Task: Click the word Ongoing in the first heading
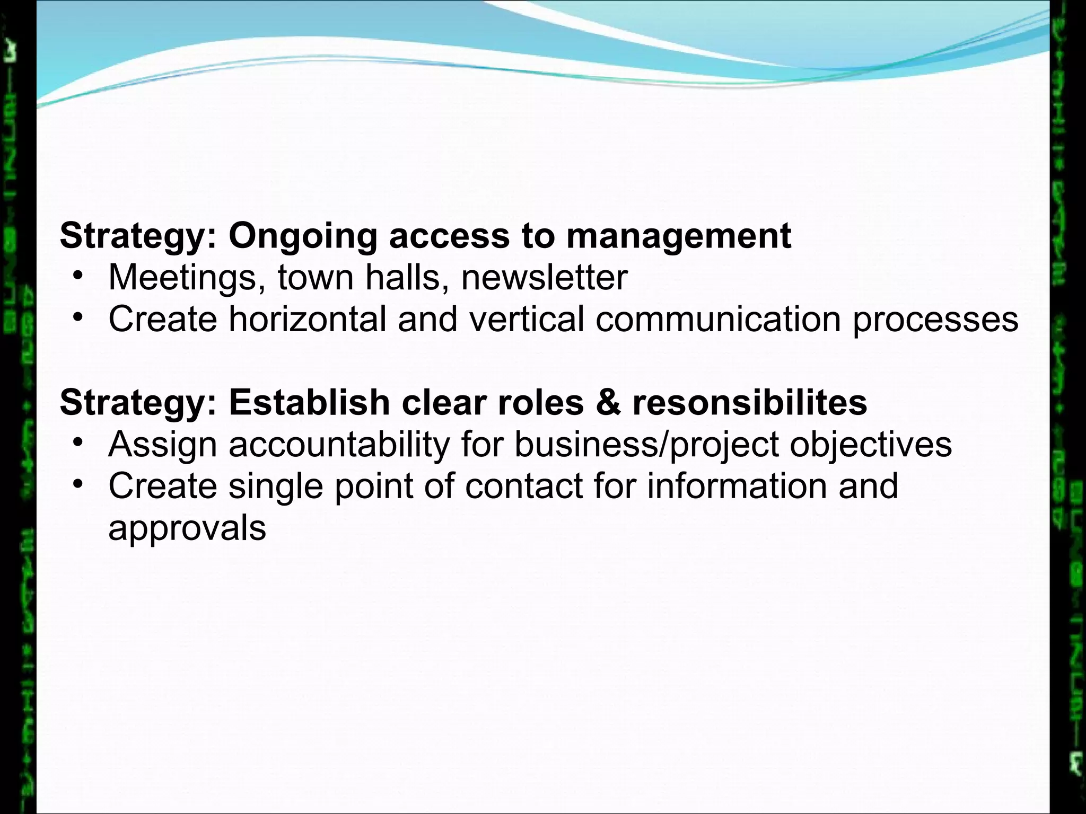(x=303, y=236)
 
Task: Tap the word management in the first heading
(x=678, y=236)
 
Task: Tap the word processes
(x=935, y=320)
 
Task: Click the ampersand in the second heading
(x=608, y=402)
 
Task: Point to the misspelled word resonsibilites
(x=750, y=402)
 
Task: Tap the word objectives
(x=871, y=444)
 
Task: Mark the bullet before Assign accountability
(x=78, y=441)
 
